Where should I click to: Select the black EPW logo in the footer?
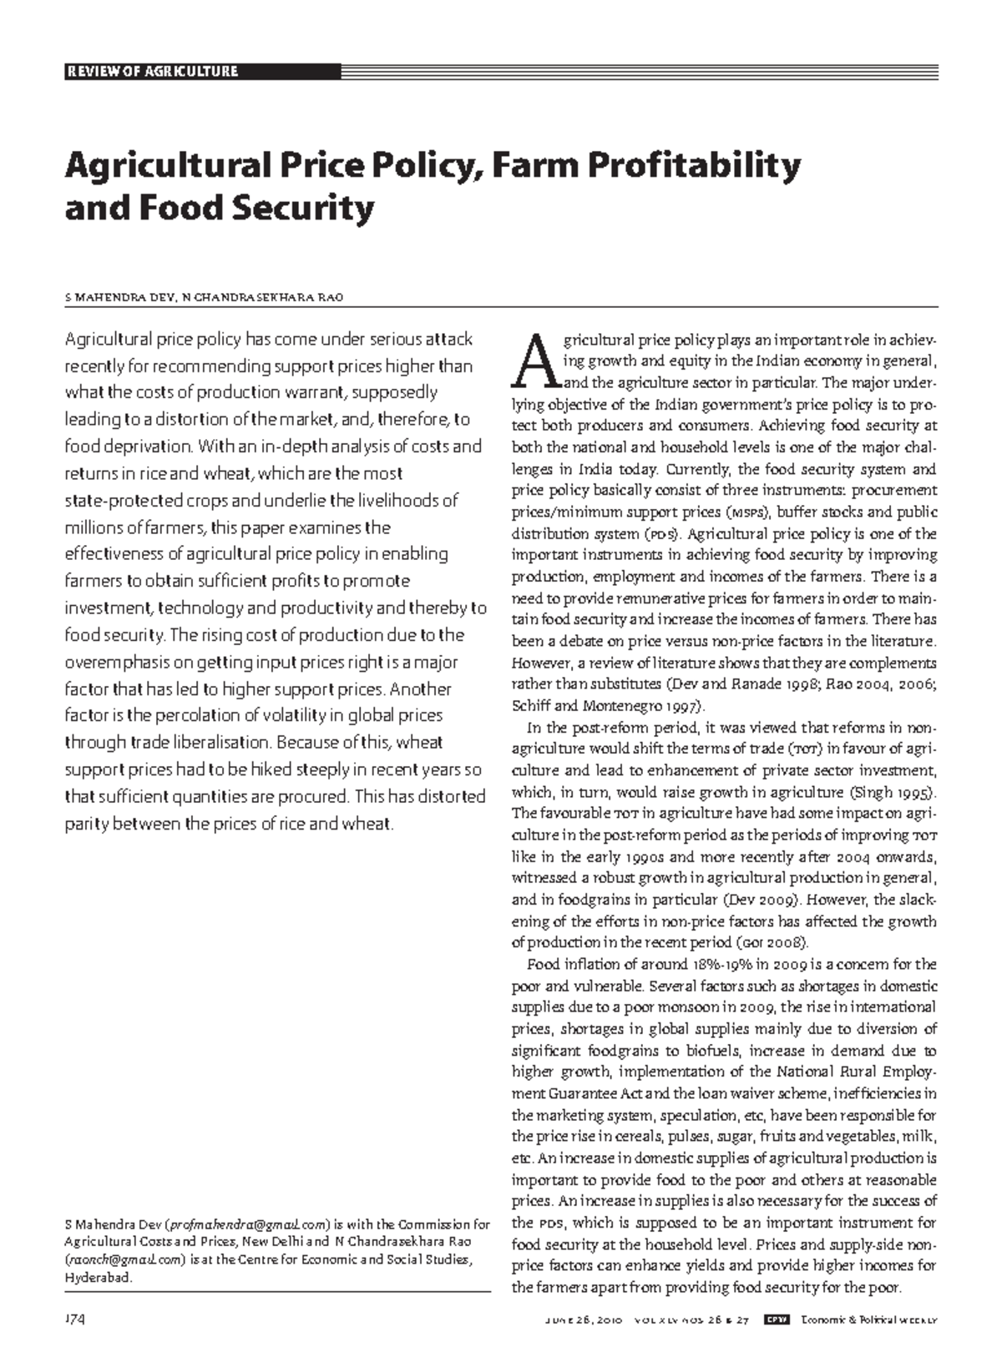(777, 1319)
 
